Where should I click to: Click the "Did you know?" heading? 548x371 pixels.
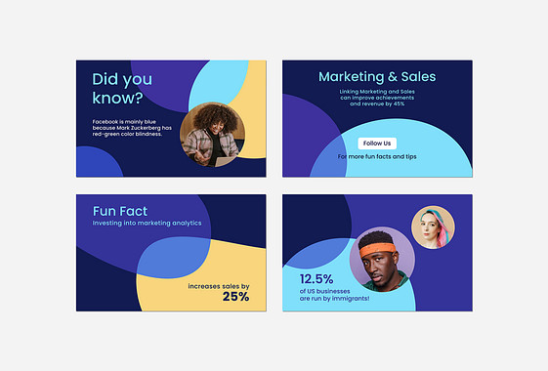click(121, 88)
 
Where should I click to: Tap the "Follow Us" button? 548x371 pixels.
click(377, 144)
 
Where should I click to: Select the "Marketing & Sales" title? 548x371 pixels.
click(377, 77)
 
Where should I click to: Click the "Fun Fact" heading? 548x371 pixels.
click(120, 211)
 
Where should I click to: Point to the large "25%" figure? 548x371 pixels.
click(235, 297)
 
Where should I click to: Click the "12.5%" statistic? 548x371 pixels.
click(316, 279)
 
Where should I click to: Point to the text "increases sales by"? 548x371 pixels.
click(218, 286)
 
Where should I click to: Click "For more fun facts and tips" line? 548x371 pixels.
click(377, 156)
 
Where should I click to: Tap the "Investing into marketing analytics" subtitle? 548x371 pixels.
click(148, 223)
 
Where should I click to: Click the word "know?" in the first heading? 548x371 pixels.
click(117, 99)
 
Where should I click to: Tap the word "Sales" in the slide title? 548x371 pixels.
click(414, 77)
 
